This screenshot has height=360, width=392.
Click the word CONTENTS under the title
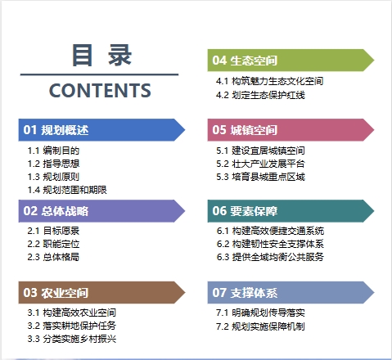click(100, 90)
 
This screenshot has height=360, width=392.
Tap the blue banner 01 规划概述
click(101, 130)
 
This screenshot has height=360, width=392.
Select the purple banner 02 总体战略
click(101, 211)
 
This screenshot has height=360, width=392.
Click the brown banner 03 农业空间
click(101, 292)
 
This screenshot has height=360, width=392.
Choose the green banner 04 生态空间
click(291, 61)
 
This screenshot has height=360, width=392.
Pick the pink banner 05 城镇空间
click(291, 130)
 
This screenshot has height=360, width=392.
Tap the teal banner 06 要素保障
click(291, 211)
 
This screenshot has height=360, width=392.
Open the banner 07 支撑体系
click(291, 292)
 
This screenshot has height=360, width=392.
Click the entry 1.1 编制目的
click(53, 151)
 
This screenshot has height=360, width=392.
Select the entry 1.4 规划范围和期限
click(67, 190)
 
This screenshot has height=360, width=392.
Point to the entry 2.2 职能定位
click(53, 244)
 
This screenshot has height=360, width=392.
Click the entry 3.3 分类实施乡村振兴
click(72, 339)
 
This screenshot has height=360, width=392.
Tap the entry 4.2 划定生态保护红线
click(260, 95)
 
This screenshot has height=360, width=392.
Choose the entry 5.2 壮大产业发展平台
click(260, 164)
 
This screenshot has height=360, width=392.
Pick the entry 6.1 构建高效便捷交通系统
click(270, 231)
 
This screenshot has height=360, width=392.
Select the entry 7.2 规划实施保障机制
click(260, 326)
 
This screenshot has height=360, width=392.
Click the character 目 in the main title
click(82, 56)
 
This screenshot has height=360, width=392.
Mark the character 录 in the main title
click(120, 56)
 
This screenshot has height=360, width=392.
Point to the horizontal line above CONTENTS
click(99, 74)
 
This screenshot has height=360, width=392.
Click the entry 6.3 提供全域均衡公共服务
click(270, 257)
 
